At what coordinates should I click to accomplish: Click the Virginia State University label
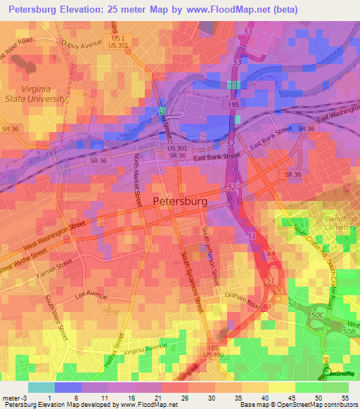pyautogui.click(x=35, y=94)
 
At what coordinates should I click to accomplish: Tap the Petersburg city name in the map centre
pyautogui.click(x=180, y=201)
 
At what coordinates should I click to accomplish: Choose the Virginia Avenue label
pyautogui.click(x=145, y=347)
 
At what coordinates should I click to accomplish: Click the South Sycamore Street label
pyautogui.click(x=191, y=281)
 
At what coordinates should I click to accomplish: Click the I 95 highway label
pyautogui.click(x=233, y=105)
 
